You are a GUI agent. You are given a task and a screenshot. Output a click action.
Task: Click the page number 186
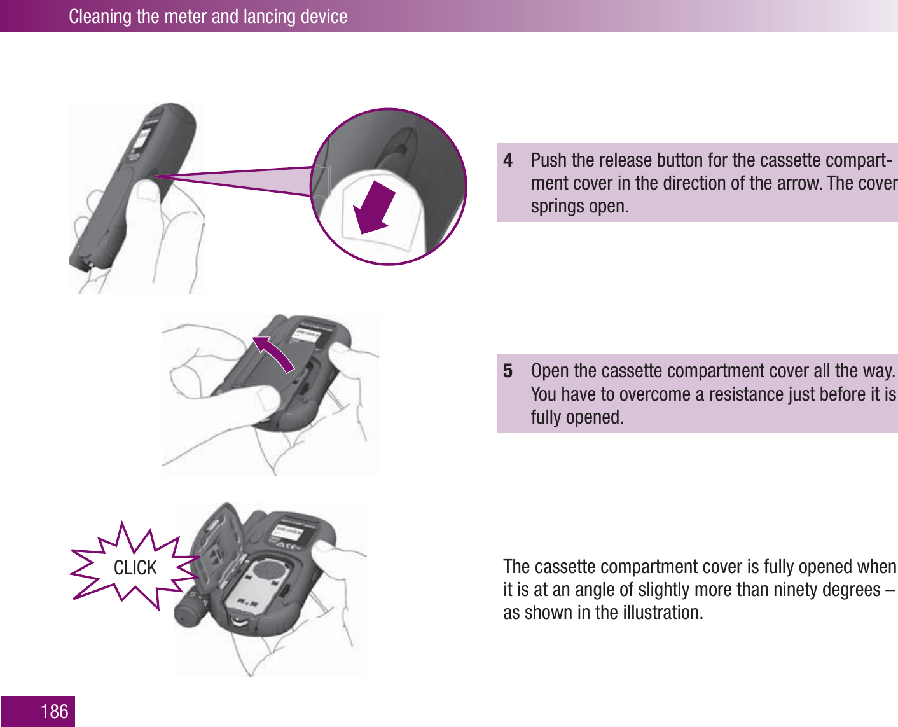(x=54, y=711)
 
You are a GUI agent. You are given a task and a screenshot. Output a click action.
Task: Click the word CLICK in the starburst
(x=135, y=567)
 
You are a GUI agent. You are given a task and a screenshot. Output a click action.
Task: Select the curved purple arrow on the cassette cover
(x=273, y=352)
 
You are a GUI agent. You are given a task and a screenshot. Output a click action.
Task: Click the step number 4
(x=508, y=160)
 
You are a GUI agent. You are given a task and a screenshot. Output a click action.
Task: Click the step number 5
(x=508, y=371)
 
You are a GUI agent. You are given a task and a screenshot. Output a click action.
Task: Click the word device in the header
(x=324, y=16)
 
